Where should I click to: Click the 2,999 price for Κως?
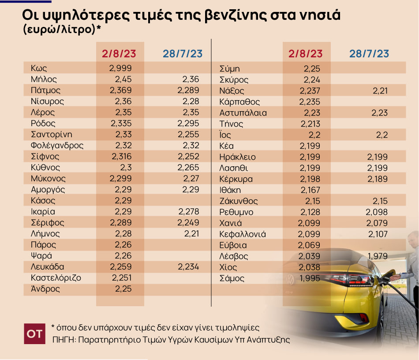120,68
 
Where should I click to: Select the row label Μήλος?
44,79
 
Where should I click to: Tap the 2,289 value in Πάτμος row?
188,90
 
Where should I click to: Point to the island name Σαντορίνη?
52,135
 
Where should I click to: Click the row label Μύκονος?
48,179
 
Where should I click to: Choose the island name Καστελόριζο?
56,278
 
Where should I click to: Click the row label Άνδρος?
45,289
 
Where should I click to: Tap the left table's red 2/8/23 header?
119,54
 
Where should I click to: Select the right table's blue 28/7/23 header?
369,54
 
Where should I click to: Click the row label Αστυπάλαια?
243,113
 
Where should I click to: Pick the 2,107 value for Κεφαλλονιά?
377,234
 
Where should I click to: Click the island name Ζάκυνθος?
239,201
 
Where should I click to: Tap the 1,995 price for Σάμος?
308,278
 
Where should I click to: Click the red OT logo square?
34,334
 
